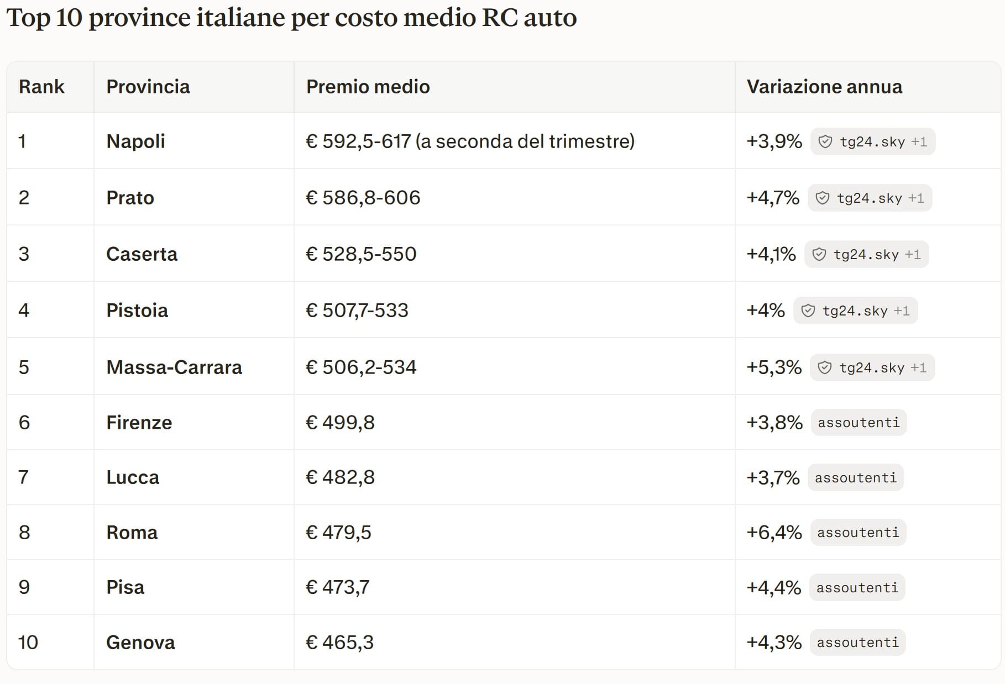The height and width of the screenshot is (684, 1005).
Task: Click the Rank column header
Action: [x=41, y=87]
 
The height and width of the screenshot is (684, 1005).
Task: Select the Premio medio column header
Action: [x=368, y=87]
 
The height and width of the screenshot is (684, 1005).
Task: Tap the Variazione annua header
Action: [x=824, y=87]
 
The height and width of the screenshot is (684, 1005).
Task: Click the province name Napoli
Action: [x=135, y=141]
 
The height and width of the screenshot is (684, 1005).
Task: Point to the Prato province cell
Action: [x=130, y=198]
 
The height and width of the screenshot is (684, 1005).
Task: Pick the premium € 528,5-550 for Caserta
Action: [x=361, y=254]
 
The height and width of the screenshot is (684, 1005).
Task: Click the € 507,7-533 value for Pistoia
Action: [x=357, y=311]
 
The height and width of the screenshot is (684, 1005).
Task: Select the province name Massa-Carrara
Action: [x=174, y=367]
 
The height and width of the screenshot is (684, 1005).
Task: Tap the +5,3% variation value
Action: [x=774, y=367]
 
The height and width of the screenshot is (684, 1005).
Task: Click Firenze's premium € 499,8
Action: [x=340, y=423]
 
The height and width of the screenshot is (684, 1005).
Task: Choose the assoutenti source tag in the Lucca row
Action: [x=856, y=477]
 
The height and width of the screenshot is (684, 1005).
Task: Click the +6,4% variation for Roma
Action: [x=774, y=533]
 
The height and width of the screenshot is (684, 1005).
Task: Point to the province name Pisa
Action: [x=125, y=587]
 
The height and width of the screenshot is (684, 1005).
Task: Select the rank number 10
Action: [x=28, y=643]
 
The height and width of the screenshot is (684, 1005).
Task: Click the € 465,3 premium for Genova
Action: [x=339, y=643]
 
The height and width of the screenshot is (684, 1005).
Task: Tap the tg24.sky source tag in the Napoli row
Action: [x=873, y=141]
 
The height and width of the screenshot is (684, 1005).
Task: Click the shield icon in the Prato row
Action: [x=823, y=198]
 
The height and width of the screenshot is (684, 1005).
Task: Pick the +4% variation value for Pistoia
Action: [x=766, y=311]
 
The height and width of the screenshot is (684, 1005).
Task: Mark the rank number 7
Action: [x=23, y=477]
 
